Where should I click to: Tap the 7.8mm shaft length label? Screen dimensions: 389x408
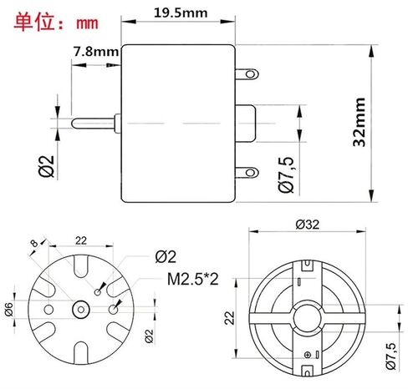tap(95, 51)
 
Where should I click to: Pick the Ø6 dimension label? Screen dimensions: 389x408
tap(10, 308)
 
